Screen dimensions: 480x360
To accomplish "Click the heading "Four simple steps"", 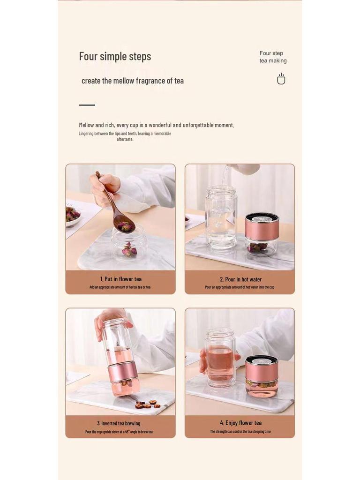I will tap(115, 57).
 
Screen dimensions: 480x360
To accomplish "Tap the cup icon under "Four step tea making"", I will tap(281, 79).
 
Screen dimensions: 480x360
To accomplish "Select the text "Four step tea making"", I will tap(273, 57).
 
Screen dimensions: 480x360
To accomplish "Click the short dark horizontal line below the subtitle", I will tap(87, 105).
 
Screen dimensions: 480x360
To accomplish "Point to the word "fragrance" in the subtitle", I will tap(150, 81).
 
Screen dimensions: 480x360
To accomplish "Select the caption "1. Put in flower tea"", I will tap(120, 279).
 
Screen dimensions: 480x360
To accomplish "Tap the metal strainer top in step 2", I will tap(262, 218).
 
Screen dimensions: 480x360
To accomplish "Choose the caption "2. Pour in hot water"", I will tap(240, 279).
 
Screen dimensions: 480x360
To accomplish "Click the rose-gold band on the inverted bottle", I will tap(122, 370).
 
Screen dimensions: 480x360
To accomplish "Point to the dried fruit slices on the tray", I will tap(147, 404).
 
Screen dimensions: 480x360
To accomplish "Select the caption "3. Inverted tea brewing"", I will tap(119, 423).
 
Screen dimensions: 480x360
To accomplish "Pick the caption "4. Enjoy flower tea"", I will tap(240, 423).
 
